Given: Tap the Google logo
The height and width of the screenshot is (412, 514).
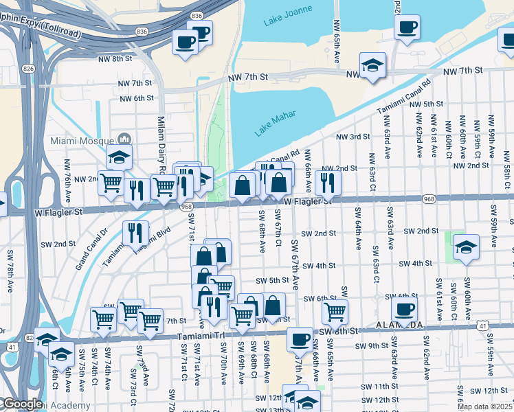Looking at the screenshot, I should coord(22,404).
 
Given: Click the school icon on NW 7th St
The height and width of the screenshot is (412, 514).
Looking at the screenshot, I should coord(372,65).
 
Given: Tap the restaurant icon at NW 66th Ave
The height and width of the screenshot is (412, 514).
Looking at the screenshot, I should coord(328,182).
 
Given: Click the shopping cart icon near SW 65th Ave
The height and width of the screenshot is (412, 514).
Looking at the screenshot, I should coord(335,311).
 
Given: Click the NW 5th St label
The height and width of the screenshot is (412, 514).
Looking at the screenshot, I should coord(426,104).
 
